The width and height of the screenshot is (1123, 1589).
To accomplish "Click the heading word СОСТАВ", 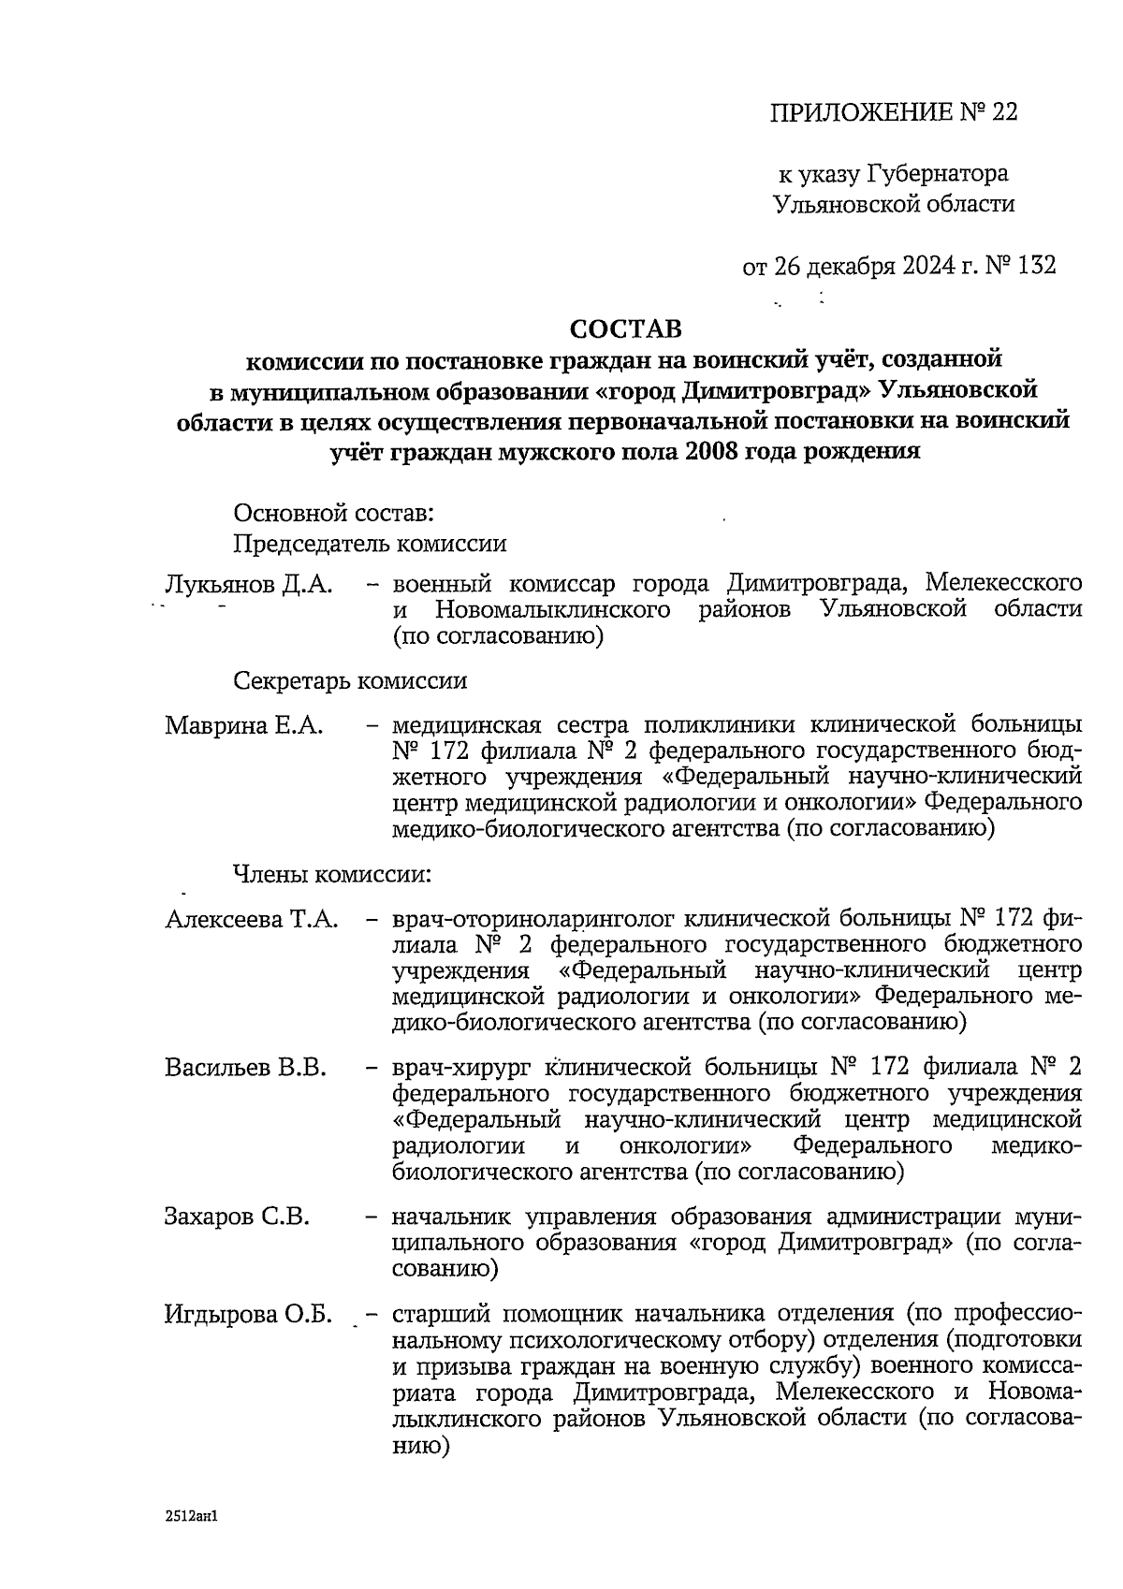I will pos(626,328).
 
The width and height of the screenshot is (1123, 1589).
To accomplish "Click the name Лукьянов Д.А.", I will pos(248,585).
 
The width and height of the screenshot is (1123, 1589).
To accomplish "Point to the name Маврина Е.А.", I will pos(244,725).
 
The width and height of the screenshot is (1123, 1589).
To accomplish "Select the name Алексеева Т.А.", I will pos(252,919).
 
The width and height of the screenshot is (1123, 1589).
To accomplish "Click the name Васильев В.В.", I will pos(245,1068).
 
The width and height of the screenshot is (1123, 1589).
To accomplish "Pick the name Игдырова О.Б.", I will pos(249,1314).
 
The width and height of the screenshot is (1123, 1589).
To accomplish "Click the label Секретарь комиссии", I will pos(350,680).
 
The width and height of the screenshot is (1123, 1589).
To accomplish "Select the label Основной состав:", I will pos(333,513).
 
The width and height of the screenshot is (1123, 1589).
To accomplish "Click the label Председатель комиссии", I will pos(370,543).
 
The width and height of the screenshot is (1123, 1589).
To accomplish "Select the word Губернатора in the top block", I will pos(939,174).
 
